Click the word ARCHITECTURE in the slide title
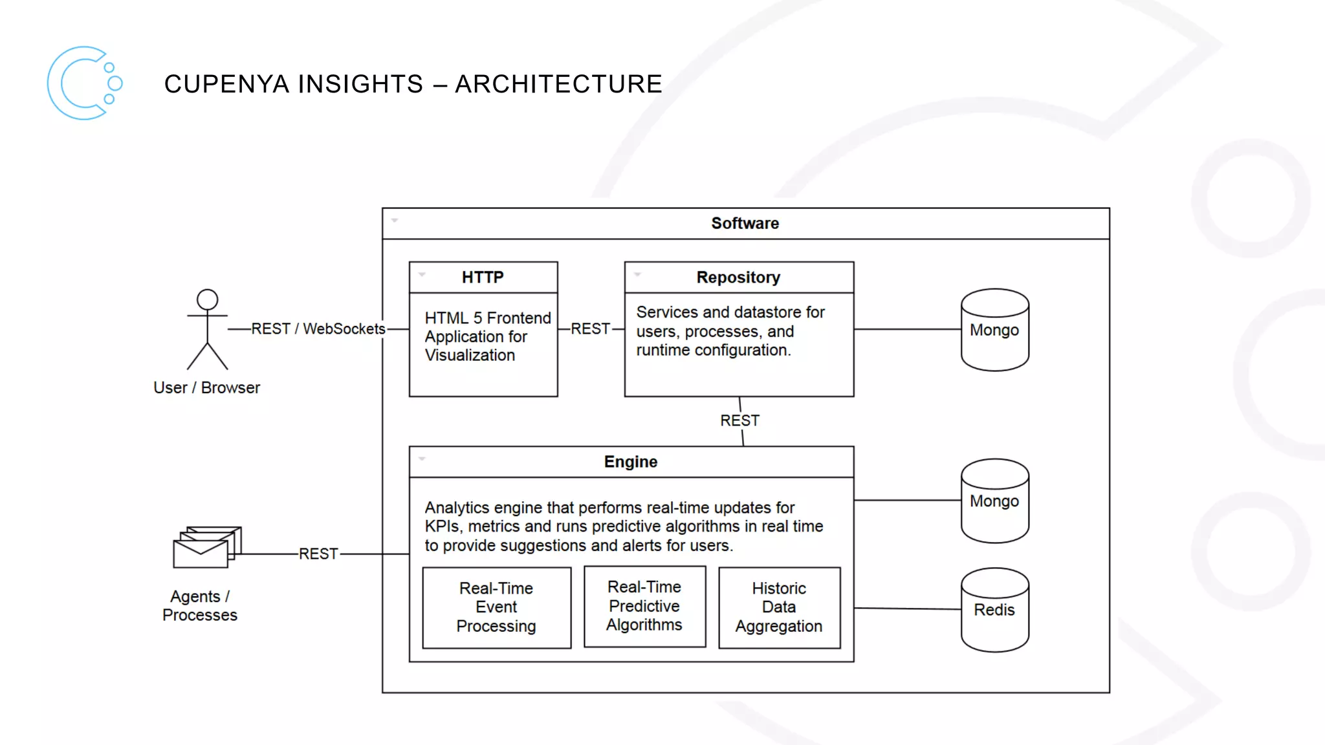pos(558,84)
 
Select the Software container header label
pos(745,224)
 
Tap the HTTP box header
pos(483,277)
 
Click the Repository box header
pos(738,277)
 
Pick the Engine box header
pos(631,462)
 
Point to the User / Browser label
pos(206,387)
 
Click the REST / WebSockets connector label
pos(318,329)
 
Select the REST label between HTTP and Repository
pos(590,329)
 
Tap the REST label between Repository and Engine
pos(739,421)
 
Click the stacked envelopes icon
pos(206,547)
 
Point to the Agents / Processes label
pos(199,605)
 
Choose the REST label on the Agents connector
pos(318,554)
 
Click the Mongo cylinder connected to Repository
pos(994,330)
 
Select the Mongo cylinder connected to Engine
pos(994,501)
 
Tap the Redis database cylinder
pos(994,610)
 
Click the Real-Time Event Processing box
pos(496,607)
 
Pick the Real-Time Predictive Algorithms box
pos(644,606)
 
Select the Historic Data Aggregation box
pos(779,607)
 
